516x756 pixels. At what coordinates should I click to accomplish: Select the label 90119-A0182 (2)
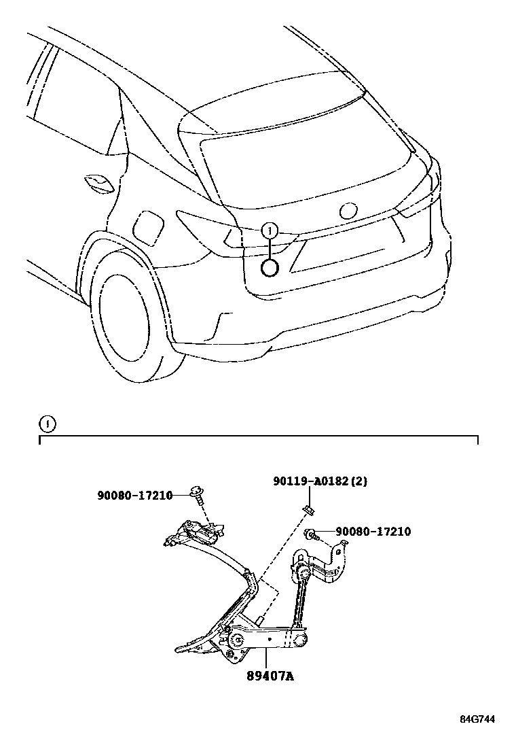point(320,481)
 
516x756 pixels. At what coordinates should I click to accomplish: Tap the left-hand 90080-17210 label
point(134,495)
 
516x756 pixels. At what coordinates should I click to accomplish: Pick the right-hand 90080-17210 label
point(372,532)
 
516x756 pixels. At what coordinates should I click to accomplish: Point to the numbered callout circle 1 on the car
point(270,231)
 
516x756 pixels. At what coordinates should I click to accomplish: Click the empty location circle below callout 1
point(270,269)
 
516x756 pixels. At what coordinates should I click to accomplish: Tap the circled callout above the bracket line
point(46,425)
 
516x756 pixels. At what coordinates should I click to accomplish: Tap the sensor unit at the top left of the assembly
point(193,530)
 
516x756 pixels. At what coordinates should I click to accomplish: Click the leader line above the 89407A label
point(266,655)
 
